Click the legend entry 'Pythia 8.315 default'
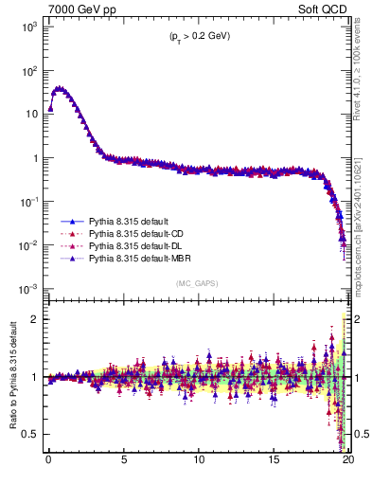[x=132, y=220]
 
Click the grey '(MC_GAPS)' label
[x=194, y=283]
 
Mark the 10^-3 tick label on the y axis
[x=26, y=288]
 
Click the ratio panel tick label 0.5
[x=30, y=434]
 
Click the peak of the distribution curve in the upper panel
[x=60, y=88]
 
